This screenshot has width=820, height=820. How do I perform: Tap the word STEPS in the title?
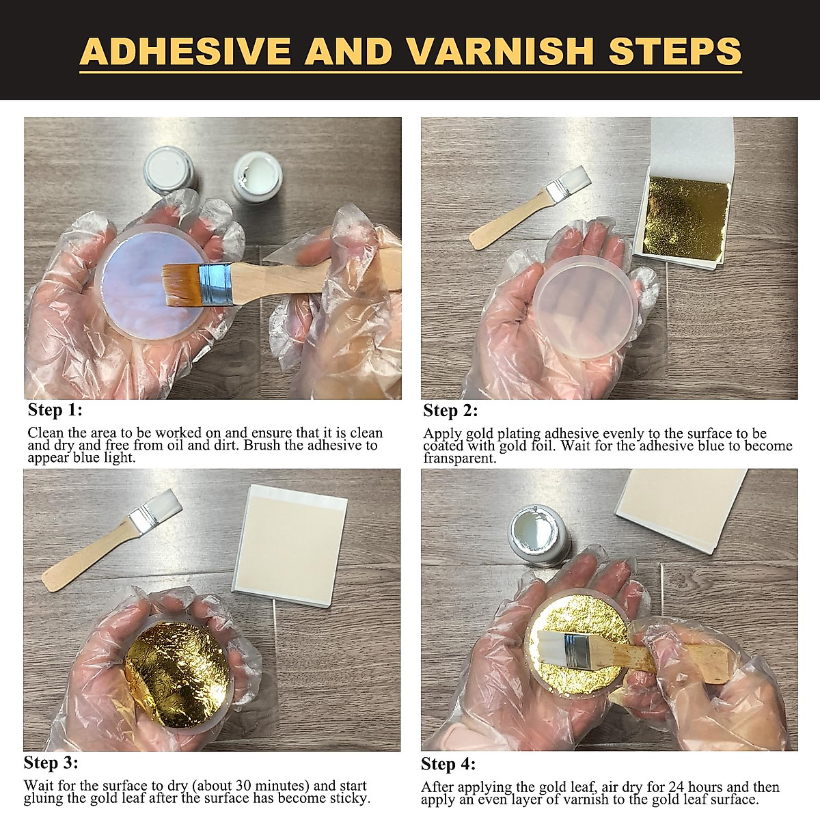click(x=674, y=51)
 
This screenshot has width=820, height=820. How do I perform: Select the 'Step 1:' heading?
click(x=55, y=410)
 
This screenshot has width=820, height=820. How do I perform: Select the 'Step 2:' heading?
click(x=450, y=411)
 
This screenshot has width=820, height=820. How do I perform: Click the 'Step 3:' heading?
click(x=51, y=762)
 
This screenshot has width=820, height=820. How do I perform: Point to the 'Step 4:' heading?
click(x=448, y=764)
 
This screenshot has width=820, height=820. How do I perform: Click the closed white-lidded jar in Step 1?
click(x=171, y=170)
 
